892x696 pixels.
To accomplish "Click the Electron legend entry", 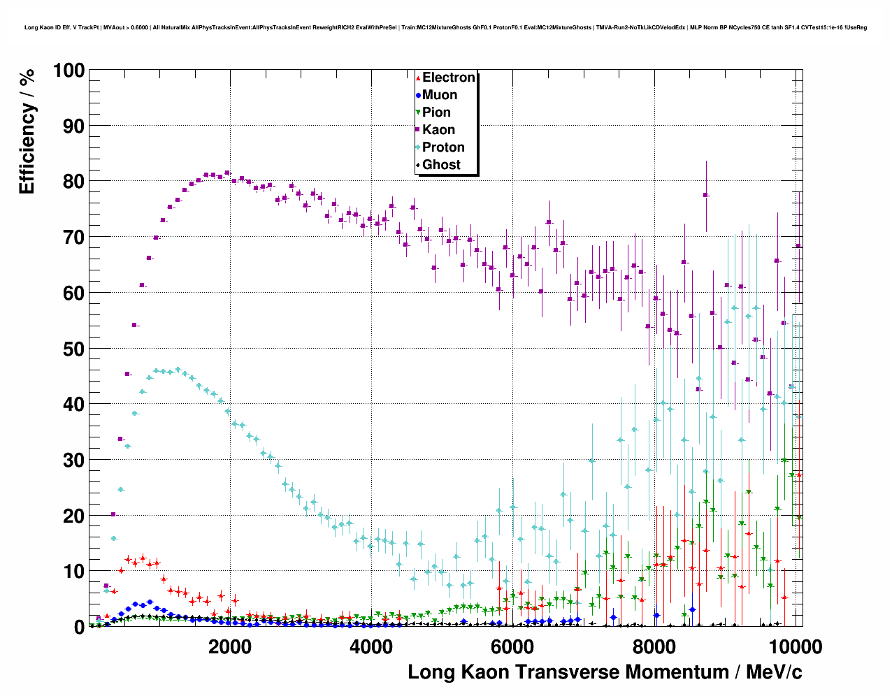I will (x=448, y=78).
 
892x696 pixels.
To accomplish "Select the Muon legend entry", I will (x=439, y=95).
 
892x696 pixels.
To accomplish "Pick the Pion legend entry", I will (x=436, y=113).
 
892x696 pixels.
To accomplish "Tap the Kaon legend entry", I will (x=438, y=130).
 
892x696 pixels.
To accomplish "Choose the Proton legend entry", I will (x=443, y=147).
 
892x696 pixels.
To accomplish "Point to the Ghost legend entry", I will (x=441, y=165).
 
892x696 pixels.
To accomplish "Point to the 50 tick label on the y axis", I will (x=73, y=349).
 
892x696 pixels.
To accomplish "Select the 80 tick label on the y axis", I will (x=73, y=182).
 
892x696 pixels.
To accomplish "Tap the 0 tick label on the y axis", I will (x=79, y=627).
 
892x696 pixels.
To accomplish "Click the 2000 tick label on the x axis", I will (x=230, y=646).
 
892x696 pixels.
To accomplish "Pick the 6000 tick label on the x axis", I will (x=512, y=646).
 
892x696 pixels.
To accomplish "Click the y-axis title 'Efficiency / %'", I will (x=27, y=131).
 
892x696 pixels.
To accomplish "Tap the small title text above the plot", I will (x=445, y=27).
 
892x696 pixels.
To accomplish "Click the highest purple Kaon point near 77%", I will (x=705, y=195).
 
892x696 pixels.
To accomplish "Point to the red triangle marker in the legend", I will (x=418, y=78).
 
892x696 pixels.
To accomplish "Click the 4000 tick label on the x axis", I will (x=371, y=646).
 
